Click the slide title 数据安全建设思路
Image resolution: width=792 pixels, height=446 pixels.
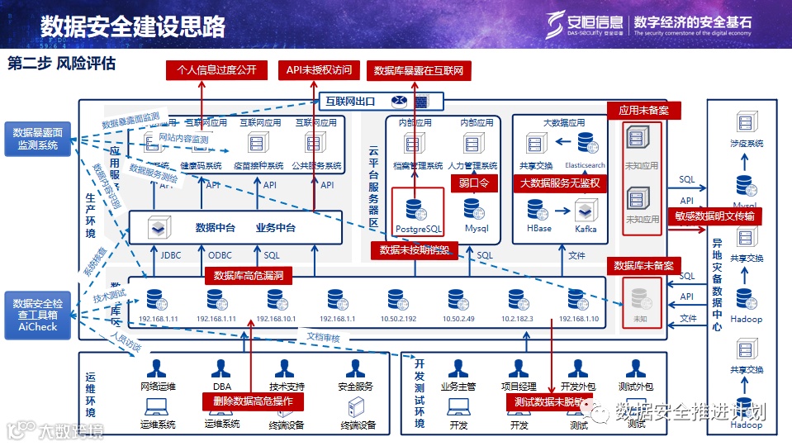tap(132, 26)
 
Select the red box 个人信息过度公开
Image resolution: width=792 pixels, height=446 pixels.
tap(217, 71)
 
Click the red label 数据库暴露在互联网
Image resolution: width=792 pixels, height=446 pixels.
tap(419, 71)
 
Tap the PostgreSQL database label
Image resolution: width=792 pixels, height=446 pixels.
tap(418, 228)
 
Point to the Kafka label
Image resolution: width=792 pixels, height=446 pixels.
tap(586, 228)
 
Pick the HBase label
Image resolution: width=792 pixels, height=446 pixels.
tap(538, 228)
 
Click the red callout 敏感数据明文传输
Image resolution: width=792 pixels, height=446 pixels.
tap(714, 216)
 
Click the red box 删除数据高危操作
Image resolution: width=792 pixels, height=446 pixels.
tap(254, 401)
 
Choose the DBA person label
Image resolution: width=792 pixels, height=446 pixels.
tap(221, 386)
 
